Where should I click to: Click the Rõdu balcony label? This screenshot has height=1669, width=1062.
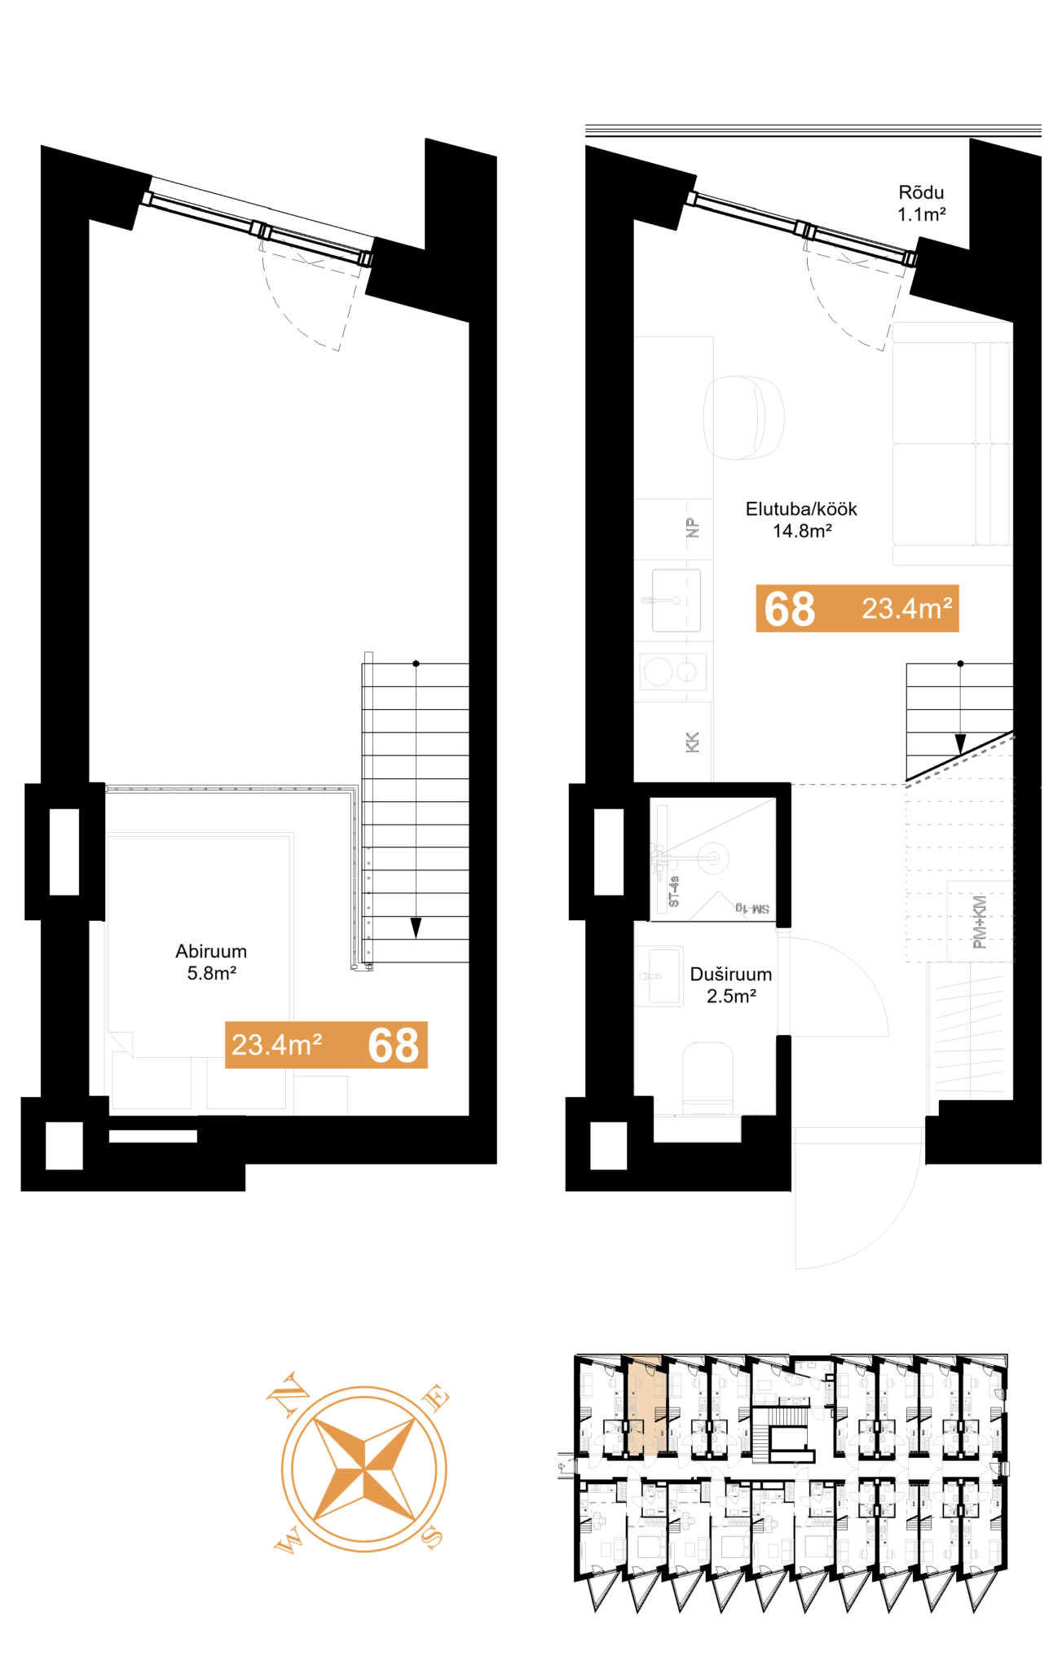click(921, 203)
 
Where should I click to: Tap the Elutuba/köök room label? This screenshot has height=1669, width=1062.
click(801, 519)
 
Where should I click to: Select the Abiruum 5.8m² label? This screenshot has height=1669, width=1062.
click(211, 962)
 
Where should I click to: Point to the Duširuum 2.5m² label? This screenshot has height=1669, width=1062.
click(730, 984)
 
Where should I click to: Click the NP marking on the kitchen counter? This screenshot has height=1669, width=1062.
click(692, 528)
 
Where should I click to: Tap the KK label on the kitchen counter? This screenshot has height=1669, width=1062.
click(692, 742)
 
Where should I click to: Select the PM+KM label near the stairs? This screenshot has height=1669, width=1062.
click(979, 922)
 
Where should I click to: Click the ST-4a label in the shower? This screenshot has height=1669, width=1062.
click(673, 892)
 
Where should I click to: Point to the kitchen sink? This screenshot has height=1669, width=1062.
click(675, 601)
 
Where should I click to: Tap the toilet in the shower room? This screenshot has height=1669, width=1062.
click(707, 1077)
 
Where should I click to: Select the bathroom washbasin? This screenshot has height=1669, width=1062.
click(659, 975)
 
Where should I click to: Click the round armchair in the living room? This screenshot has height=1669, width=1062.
click(743, 417)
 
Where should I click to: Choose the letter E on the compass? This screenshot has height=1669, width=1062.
click(435, 1398)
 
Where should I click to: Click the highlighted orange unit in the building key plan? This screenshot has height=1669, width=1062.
click(646, 1404)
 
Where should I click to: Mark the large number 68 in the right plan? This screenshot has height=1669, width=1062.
click(789, 609)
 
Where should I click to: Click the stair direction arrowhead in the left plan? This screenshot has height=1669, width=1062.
click(416, 927)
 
